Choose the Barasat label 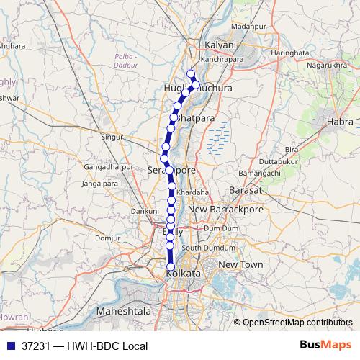click(243, 190)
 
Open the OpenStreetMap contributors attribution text click(297, 323)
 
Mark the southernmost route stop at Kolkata click(171, 267)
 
